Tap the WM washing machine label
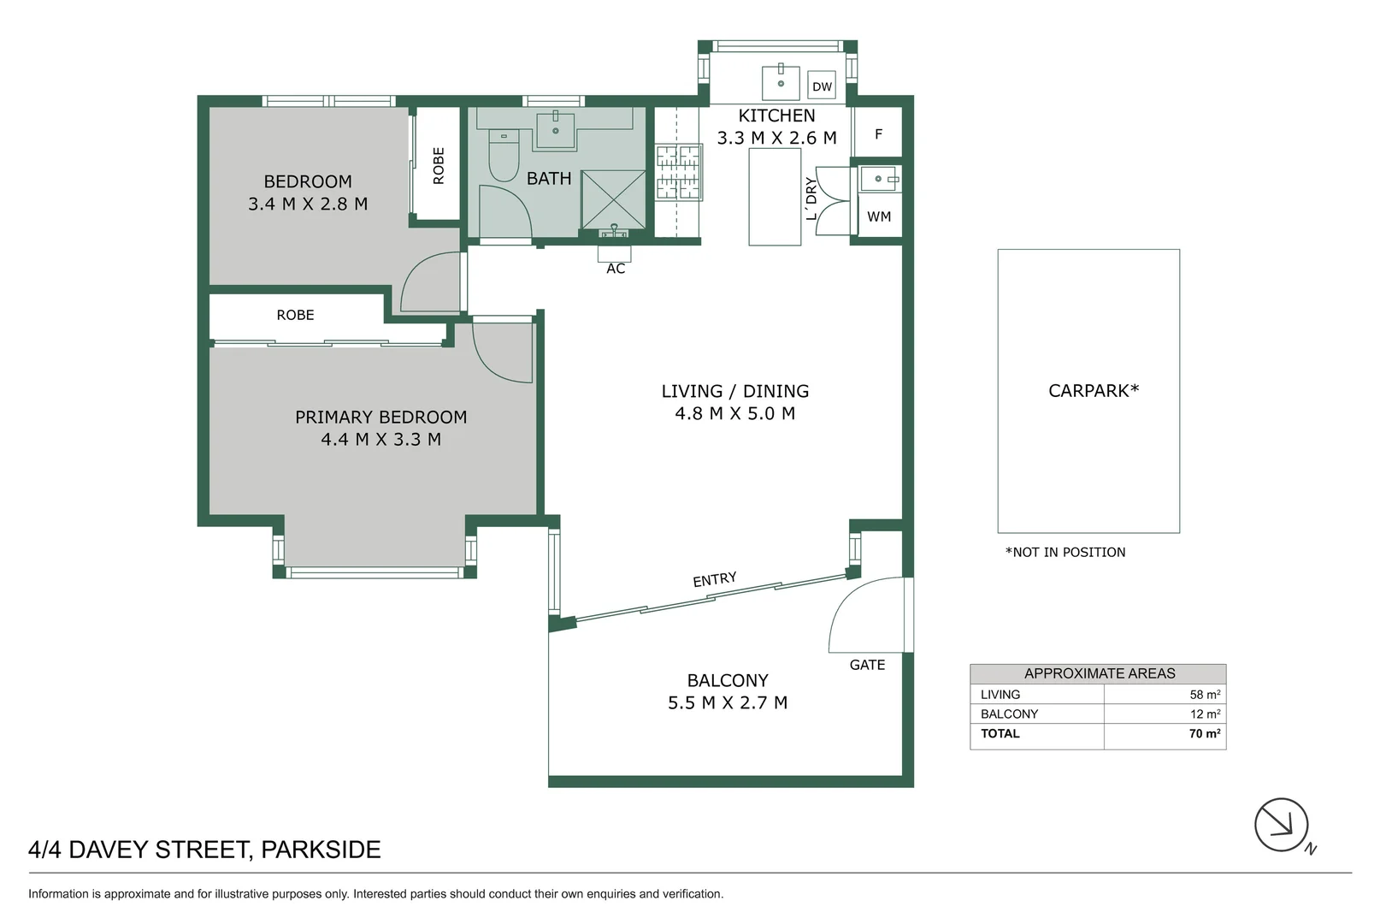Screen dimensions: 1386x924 point(879,216)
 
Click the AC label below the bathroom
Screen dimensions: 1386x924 point(616,269)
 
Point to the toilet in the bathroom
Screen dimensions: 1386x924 point(504,155)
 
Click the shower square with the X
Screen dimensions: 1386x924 point(613,199)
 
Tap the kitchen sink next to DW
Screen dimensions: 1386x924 point(781,82)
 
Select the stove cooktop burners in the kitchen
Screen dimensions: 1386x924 point(678,172)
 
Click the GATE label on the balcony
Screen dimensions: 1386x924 point(867,665)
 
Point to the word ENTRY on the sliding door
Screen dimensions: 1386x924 point(715,580)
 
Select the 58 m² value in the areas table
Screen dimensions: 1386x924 point(1205,694)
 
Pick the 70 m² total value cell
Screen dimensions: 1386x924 point(1204,733)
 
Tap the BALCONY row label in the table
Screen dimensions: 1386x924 point(1009,714)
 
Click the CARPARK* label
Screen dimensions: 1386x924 point(1094,391)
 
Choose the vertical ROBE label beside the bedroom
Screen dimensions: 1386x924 point(439,165)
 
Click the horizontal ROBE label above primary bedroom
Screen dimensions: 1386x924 point(295,315)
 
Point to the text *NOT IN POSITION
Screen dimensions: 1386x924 point(1065,553)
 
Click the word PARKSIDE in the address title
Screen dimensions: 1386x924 point(321,850)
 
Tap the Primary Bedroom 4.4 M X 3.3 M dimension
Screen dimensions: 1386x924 point(381,439)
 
